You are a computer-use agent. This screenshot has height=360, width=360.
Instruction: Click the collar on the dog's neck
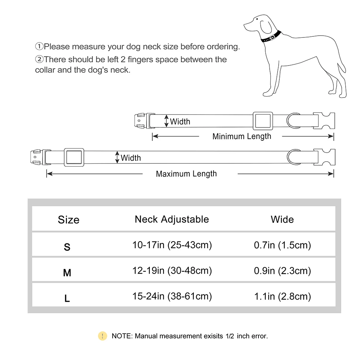click(x=271, y=37)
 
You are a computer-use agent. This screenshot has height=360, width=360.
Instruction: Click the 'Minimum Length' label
click(x=242, y=136)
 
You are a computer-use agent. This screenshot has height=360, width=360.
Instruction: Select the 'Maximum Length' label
click(x=186, y=174)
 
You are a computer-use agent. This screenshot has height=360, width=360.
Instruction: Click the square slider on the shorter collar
click(x=262, y=121)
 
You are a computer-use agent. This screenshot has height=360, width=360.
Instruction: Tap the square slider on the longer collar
click(x=74, y=157)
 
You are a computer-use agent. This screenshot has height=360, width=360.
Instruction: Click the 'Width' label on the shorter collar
click(x=180, y=121)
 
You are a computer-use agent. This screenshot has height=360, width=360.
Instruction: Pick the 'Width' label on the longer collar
click(x=131, y=158)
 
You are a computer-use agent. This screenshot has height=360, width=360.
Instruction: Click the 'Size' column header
click(x=68, y=220)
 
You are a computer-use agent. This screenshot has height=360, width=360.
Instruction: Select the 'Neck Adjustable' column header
click(x=172, y=219)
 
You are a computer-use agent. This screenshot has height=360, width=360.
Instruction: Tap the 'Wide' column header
click(x=282, y=219)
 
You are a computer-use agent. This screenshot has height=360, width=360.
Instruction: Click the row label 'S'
click(x=67, y=247)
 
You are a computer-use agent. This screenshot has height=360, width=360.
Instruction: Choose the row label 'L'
click(x=67, y=298)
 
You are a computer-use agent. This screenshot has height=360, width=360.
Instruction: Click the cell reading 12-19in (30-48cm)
click(x=172, y=271)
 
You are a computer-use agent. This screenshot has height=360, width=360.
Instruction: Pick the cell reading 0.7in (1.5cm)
click(x=282, y=245)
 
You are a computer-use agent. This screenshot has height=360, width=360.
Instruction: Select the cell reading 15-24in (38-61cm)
click(x=172, y=296)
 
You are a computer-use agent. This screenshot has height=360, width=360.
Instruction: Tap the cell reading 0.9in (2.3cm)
click(x=282, y=271)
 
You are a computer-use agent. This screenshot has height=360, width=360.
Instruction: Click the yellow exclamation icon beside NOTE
click(x=103, y=336)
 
